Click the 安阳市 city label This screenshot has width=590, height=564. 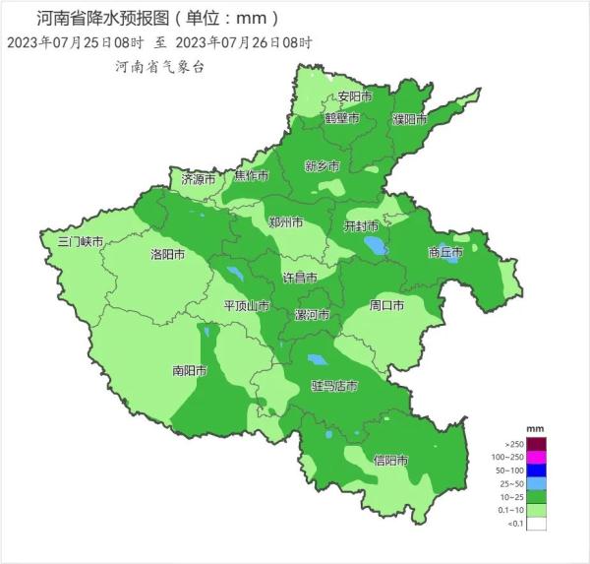click(x=355, y=96)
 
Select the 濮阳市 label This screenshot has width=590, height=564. click(x=410, y=119)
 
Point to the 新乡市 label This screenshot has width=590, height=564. click(x=322, y=165)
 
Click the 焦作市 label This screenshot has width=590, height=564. click(x=251, y=176)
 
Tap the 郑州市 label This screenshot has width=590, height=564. click(x=286, y=222)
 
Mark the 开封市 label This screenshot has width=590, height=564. click(x=361, y=226)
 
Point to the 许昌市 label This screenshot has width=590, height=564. click(x=300, y=278)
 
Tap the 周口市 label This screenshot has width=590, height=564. click(x=386, y=305)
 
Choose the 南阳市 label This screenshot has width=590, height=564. click(x=189, y=371)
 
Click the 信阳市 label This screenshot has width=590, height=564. click(x=390, y=460)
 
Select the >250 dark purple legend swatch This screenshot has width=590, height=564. click(x=536, y=444)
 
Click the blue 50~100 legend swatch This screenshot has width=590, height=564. click(x=536, y=470)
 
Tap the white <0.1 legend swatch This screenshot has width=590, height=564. click(x=536, y=525)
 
